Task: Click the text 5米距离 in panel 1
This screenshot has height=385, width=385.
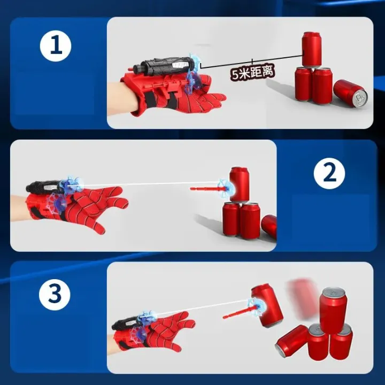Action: point(253,72)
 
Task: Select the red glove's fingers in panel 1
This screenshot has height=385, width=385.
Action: point(211,99)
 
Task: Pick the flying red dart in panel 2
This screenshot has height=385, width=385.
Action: point(206,188)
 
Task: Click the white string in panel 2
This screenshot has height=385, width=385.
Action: point(150,183)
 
